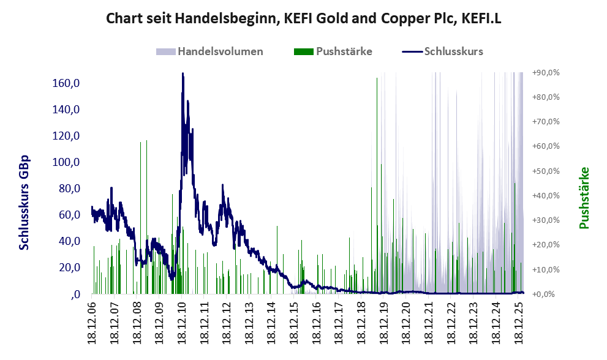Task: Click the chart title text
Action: [x=304, y=18]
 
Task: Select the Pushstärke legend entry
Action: [x=343, y=51]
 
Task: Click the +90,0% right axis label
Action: [x=546, y=73]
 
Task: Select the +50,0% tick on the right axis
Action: [x=546, y=171]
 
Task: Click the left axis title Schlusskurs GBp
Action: [x=25, y=202]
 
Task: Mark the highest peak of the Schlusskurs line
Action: [x=183, y=74]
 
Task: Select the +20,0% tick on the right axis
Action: [x=546, y=245]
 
